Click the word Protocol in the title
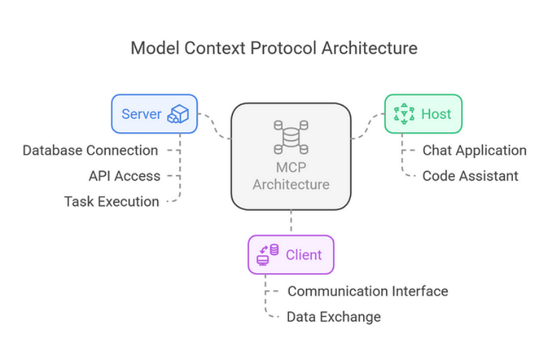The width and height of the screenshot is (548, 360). pos(284,48)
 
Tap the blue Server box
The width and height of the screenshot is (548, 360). pos(155,114)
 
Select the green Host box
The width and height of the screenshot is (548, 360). pos(423,114)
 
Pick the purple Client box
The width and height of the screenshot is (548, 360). pos(291,254)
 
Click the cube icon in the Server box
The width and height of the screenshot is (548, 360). pos(178,114)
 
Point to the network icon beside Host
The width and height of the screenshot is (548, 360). pos(404,114)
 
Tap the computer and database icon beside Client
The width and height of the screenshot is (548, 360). pos(268,255)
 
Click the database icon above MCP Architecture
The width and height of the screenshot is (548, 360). pos(291,137)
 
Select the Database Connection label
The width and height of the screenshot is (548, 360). pos(90,150)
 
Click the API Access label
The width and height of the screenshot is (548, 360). pos(124,176)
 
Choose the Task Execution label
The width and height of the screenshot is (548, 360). pos(112,202)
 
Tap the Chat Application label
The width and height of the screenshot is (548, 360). pos(474,150)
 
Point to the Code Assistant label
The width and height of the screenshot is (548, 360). pos(470,176)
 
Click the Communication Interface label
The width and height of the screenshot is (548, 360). pos(368,291)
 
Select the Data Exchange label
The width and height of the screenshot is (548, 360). pos(333,317)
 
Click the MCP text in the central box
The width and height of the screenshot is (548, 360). pos(291,167)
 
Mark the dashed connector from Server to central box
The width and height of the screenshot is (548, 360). pos(215,126)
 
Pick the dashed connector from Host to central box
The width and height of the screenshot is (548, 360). pos(368,126)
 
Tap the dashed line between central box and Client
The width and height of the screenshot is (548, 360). pos(291,223)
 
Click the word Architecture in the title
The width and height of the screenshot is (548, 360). pos(369,48)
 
